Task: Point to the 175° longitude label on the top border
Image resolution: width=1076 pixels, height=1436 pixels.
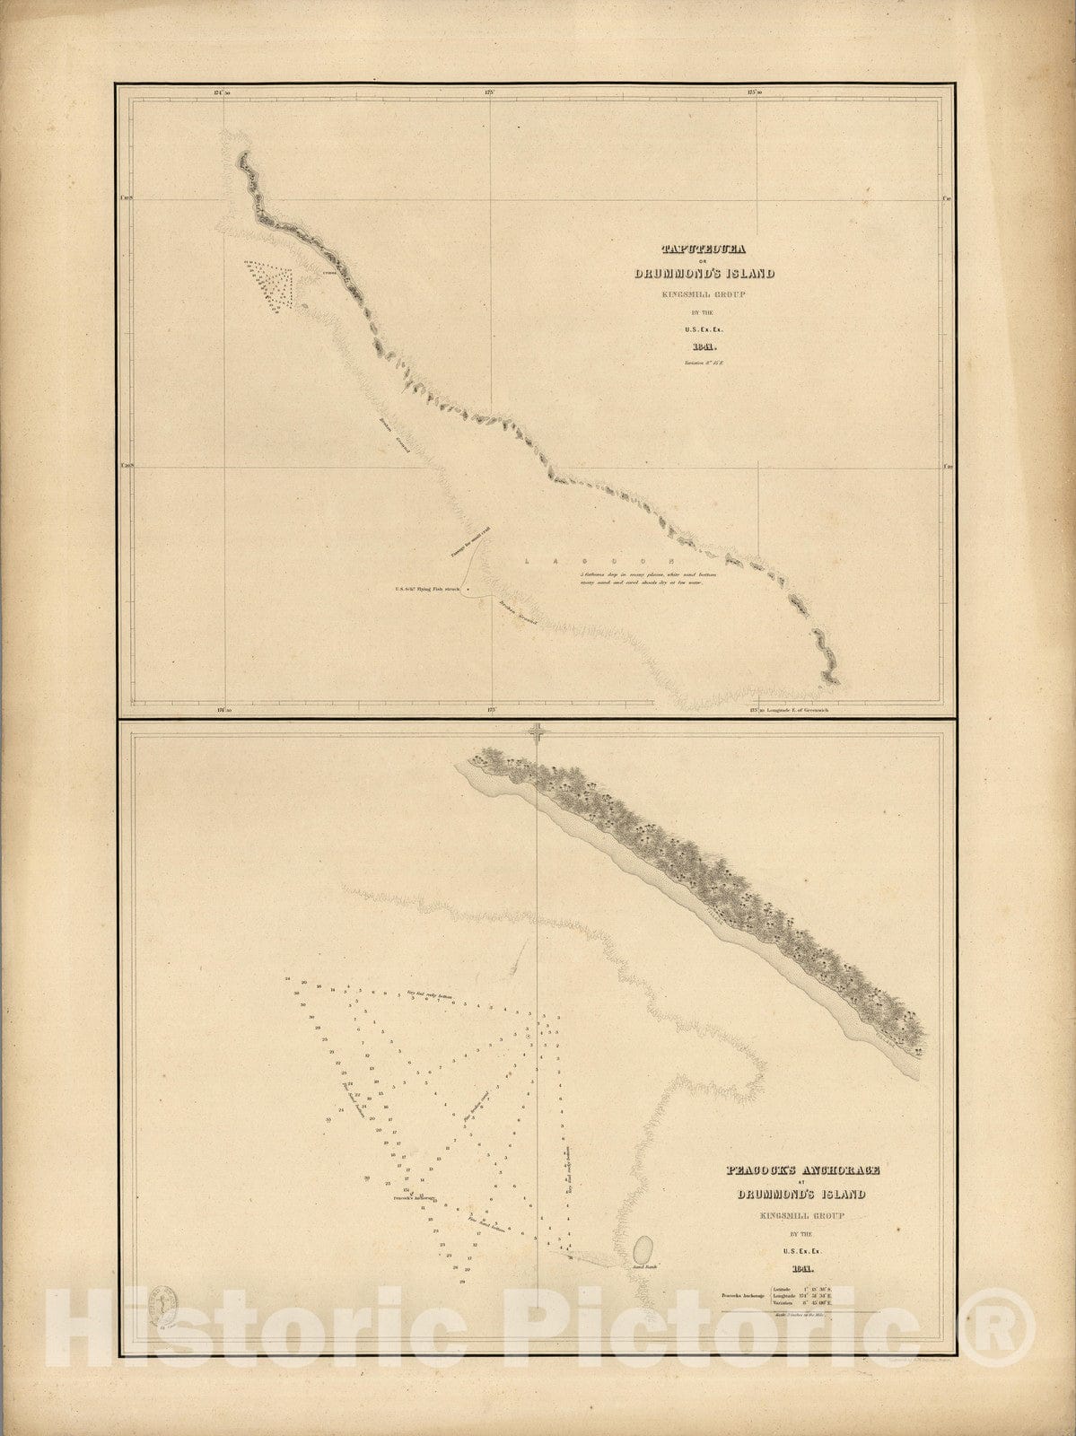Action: pos(490,92)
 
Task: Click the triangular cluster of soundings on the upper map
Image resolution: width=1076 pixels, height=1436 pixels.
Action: pos(271,283)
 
